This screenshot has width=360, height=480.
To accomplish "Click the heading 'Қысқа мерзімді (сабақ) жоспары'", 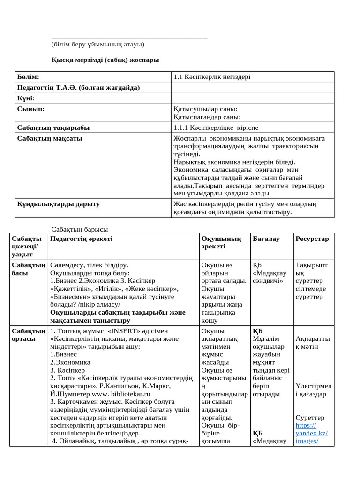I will click(105, 60).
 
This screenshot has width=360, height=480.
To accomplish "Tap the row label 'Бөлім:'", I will click(29, 77).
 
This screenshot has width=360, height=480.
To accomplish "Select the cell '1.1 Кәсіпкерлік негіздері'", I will click(215, 77).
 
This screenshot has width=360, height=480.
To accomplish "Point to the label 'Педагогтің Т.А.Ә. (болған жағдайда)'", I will click(78, 88).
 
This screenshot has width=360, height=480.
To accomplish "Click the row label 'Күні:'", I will click(26, 98).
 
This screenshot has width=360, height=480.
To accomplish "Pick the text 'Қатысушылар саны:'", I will click(205, 109).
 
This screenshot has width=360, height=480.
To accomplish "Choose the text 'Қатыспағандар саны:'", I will click(207, 117).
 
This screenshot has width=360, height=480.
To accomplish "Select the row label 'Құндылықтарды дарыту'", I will click(58, 204).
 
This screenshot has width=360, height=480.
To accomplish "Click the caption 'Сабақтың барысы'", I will click(79, 229).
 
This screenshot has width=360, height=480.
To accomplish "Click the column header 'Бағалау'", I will click(266, 239).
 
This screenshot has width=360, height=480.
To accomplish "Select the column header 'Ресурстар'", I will click(312, 239).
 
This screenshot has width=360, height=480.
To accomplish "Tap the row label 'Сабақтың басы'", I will click(28, 269).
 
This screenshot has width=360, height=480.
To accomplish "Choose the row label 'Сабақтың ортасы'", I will click(28, 335).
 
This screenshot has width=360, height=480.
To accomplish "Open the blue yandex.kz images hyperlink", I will click(311, 433).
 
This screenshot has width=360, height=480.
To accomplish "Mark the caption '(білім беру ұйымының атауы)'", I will click(97, 45).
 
